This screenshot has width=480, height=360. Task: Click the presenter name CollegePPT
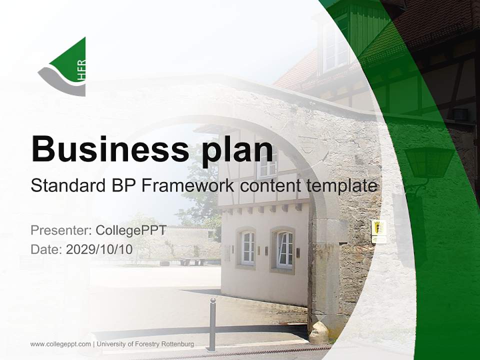pyautogui.click(x=130, y=230)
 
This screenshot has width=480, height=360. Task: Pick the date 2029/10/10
pyautogui.click(x=99, y=249)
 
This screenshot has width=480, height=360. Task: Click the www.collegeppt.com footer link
pyautogui.click(x=60, y=344)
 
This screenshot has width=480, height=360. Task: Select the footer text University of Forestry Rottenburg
pyautogui.click(x=145, y=344)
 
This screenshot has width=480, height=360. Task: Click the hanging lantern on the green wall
pyautogui.click(x=429, y=165)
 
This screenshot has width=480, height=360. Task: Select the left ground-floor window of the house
pyautogui.click(x=247, y=248)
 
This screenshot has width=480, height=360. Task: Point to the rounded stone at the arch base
pyautogui.click(x=319, y=332)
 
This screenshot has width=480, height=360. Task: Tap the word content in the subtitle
pyautogui.click(x=268, y=186)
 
